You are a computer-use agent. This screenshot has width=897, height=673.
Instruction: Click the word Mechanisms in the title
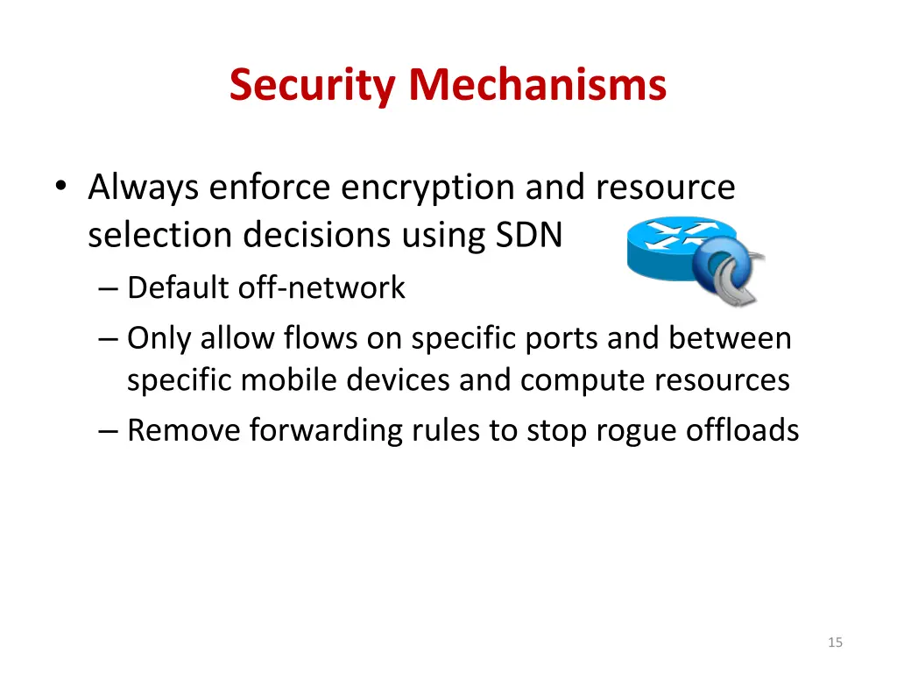(x=537, y=85)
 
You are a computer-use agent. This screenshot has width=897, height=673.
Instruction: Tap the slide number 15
(x=835, y=642)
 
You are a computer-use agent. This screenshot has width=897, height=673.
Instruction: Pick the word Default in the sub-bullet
(x=179, y=287)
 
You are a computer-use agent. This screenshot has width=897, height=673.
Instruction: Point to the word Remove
(x=182, y=430)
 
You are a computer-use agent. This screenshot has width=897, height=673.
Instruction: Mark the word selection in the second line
(x=160, y=235)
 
